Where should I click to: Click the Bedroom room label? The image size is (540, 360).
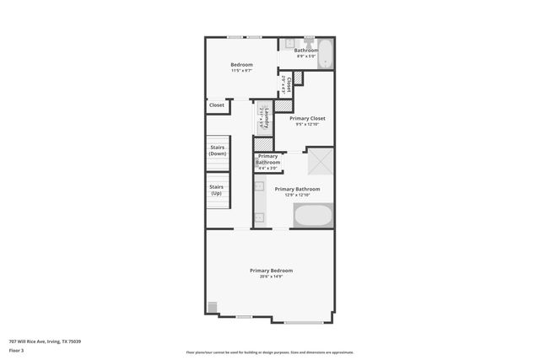(241, 65)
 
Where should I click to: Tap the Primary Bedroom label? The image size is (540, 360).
(271, 270)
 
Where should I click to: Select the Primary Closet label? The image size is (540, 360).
(306, 118)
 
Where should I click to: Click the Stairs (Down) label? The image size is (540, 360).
(218, 151)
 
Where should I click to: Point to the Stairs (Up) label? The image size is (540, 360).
(217, 190)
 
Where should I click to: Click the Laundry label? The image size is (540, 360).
(267, 117)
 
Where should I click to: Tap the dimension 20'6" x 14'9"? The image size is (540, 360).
(271, 277)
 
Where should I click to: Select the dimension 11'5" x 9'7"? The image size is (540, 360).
(241, 71)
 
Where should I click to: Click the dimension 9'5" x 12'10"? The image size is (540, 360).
(306, 125)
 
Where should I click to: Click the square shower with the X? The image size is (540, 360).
(320, 160)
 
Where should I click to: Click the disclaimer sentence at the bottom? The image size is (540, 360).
(270, 352)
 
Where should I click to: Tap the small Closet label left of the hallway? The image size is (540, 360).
(217, 105)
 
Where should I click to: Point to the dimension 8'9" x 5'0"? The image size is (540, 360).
(306, 56)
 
